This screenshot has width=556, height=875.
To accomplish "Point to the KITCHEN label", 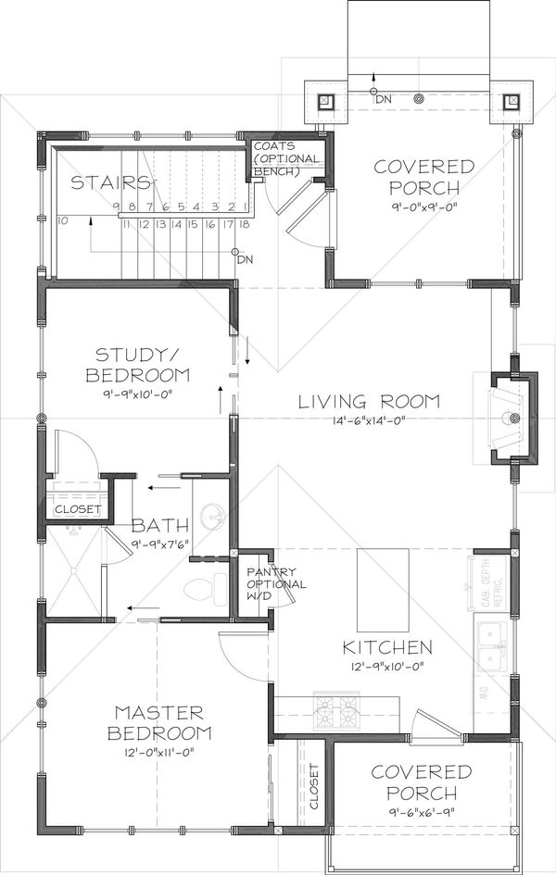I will click(386, 646).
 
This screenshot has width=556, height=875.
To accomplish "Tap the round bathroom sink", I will click(212, 515).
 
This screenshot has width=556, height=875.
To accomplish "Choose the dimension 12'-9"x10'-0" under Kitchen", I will click(386, 664).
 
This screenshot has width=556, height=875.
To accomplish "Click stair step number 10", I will click(62, 221).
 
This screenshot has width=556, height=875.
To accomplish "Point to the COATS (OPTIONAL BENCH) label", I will click(287, 158).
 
